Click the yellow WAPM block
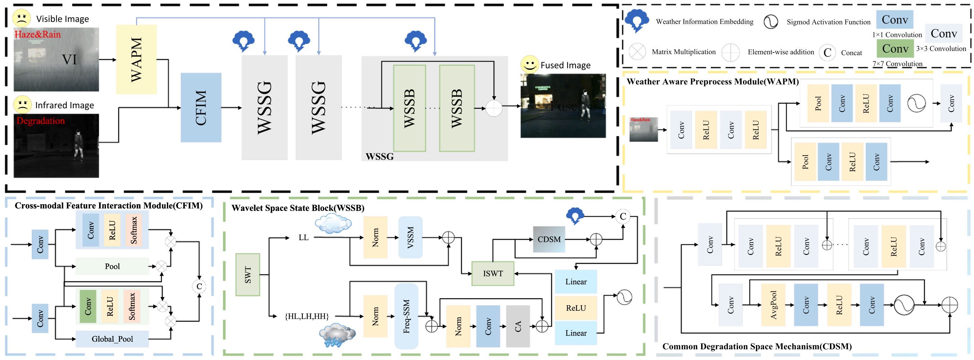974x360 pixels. pos(136,59)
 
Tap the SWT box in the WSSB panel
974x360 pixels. pos(248,275)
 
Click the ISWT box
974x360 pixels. pos(493,273)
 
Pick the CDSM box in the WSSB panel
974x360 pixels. pos(549,239)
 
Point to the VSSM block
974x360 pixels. pos(410,237)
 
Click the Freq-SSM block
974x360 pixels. pos(406,316)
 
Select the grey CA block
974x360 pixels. pos(518,326)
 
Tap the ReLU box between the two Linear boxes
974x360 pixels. pos(575,308)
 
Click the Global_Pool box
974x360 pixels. pos(112,339)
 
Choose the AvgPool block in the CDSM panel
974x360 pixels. pos(773,305)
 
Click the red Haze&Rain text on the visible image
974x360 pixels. pos(37,35)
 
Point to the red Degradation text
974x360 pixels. pos(40,121)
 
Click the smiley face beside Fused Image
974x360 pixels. pos(529,64)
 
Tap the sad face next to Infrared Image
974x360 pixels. pos(22,104)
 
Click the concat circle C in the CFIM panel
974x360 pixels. pos(199,286)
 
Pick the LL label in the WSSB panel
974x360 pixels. pos(303,237)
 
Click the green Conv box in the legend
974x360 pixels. pos(895,48)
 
